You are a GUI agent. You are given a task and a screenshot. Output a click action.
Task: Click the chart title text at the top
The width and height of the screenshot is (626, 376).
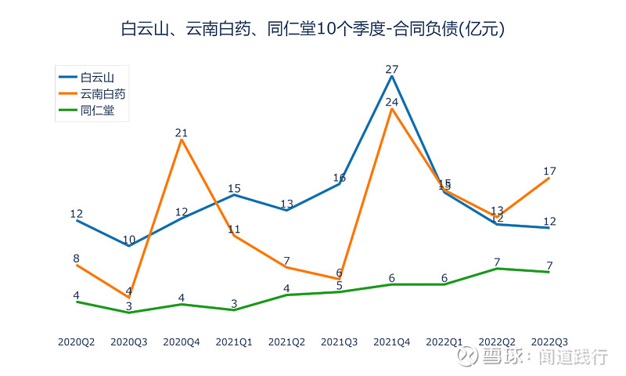(313, 30)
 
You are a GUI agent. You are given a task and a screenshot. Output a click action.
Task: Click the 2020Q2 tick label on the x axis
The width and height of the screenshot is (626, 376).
(77, 342)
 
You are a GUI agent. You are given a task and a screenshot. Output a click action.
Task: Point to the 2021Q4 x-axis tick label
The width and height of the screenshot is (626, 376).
(392, 342)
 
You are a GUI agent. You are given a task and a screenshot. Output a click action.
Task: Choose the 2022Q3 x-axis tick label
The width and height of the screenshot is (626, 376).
(549, 342)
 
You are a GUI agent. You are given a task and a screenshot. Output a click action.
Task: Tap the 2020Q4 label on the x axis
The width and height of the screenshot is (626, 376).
(182, 342)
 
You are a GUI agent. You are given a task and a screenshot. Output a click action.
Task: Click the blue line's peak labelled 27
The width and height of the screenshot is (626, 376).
(392, 76)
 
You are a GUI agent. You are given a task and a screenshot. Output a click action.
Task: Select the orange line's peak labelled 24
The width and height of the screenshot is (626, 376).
(392, 109)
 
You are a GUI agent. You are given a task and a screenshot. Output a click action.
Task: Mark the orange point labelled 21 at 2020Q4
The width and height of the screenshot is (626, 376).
(182, 140)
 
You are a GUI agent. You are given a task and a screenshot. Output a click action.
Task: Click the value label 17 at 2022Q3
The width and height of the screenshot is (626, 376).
(549, 171)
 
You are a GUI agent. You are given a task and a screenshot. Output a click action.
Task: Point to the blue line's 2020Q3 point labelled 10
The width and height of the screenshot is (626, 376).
(129, 246)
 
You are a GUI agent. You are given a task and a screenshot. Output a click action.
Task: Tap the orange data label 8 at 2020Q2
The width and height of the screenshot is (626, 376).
(77, 258)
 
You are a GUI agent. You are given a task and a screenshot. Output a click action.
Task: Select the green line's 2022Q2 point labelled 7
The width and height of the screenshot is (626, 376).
(497, 269)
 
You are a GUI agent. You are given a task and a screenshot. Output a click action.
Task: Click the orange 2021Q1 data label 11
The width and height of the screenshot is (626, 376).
(234, 229)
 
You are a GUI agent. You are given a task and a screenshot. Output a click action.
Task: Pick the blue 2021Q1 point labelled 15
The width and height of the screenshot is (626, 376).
(234, 195)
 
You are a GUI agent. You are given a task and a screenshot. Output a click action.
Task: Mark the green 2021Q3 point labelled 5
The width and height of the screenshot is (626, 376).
(340, 292)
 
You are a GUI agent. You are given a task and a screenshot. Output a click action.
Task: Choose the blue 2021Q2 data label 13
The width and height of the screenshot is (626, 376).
(286, 204)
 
